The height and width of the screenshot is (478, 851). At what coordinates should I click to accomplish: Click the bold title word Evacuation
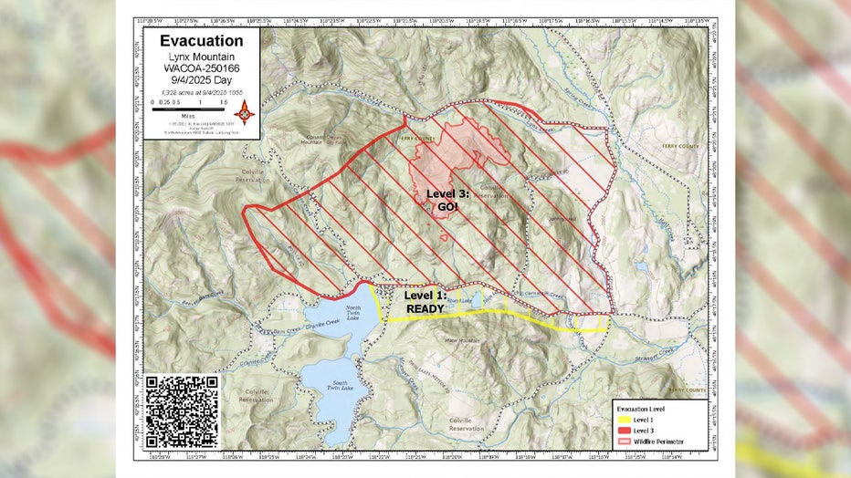point(201,41)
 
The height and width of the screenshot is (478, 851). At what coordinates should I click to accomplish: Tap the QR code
point(182,411)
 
